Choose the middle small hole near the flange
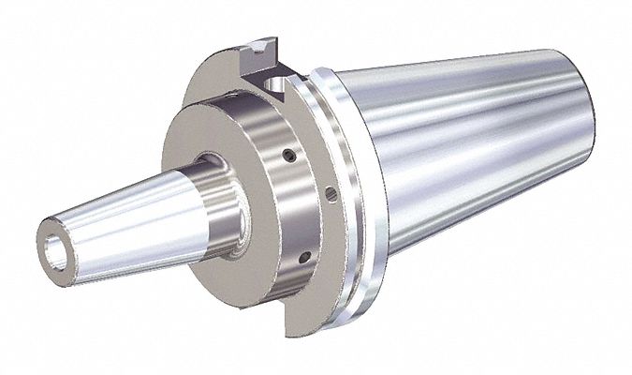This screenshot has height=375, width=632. [x=331, y=194]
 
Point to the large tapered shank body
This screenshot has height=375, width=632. [x=468, y=159]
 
